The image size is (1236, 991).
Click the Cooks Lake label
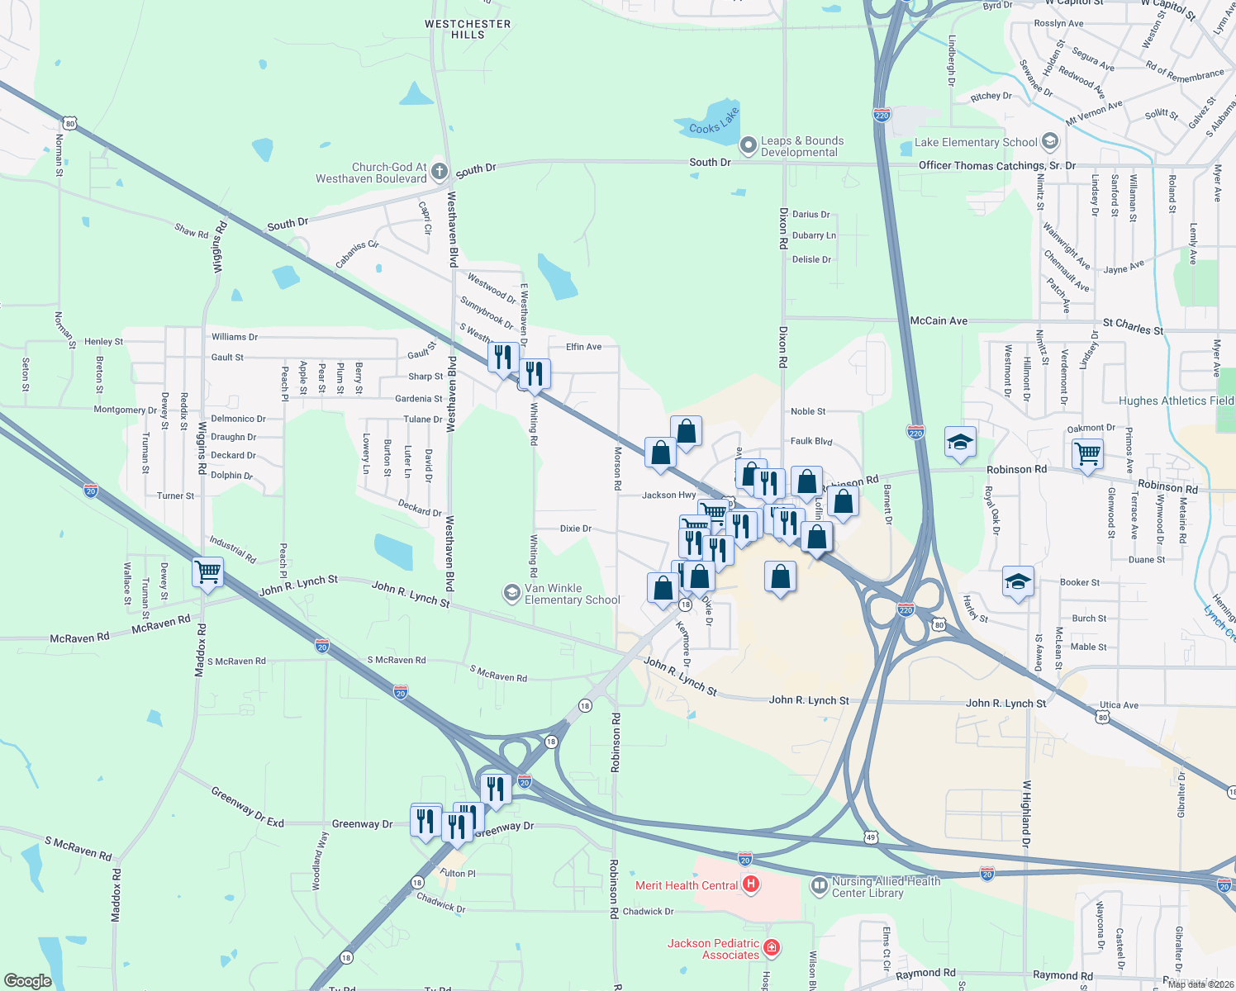pyautogui.click(x=714, y=122)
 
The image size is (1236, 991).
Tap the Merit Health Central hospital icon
pyautogui.click(x=750, y=885)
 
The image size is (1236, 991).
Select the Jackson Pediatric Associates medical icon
pyautogui.click(x=772, y=947)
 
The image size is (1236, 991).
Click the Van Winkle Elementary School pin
pyautogui.click(x=512, y=593)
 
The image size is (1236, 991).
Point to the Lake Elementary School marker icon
pyautogui.click(x=1050, y=141)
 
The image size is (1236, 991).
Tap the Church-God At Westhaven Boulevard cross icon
pyautogui.click(x=440, y=172)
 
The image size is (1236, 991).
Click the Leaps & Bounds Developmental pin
pyautogui.click(x=749, y=146)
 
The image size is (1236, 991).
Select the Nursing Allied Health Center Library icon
pyautogui.click(x=819, y=887)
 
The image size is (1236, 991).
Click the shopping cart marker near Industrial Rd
pyautogui.click(x=207, y=571)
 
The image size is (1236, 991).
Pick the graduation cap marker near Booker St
pyautogui.click(x=1018, y=581)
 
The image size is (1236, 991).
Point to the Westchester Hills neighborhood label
pyautogui.click(x=468, y=29)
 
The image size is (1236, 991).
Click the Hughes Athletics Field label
pyautogui.click(x=1176, y=401)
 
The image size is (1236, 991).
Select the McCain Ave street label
pyautogui.click(x=939, y=320)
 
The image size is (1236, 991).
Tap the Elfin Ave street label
pyautogui.click(x=583, y=347)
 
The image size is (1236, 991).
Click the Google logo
pyautogui.click(x=28, y=980)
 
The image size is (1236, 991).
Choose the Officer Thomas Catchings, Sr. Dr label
pyautogui.click(x=997, y=165)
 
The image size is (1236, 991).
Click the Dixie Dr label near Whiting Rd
pyautogui.click(x=576, y=529)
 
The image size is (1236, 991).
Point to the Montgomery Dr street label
pyautogui.click(x=125, y=410)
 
